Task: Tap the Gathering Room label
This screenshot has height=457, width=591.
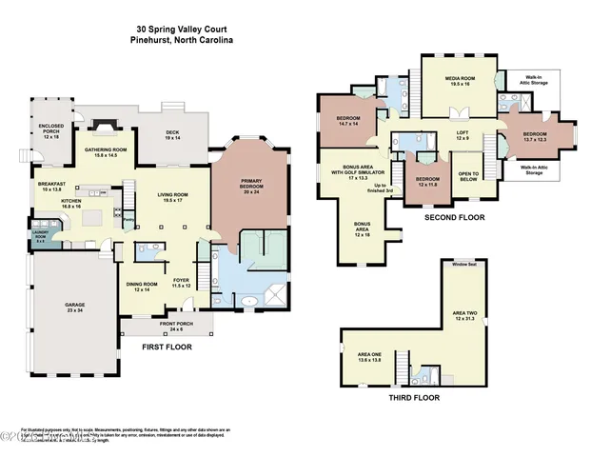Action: [x=107, y=151]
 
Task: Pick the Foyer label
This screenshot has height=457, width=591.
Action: [x=181, y=283]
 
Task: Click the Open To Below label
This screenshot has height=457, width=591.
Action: [x=470, y=175]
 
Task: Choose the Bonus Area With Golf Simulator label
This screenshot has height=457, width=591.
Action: [x=349, y=172]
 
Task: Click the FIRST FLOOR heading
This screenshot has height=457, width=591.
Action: [x=167, y=348]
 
